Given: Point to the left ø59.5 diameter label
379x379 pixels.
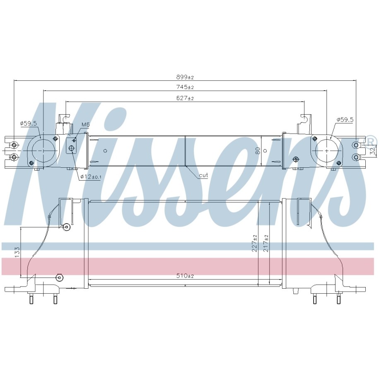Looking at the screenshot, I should tap(28, 123).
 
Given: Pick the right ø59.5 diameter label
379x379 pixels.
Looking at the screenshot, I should tap(345, 119).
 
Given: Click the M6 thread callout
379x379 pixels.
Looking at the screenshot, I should tap(85, 124).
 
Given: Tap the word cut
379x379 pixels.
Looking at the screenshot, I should tap(203, 175).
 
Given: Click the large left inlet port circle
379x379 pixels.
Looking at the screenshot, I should tap(43, 150).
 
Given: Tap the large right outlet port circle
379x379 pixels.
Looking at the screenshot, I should tap(327, 150).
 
